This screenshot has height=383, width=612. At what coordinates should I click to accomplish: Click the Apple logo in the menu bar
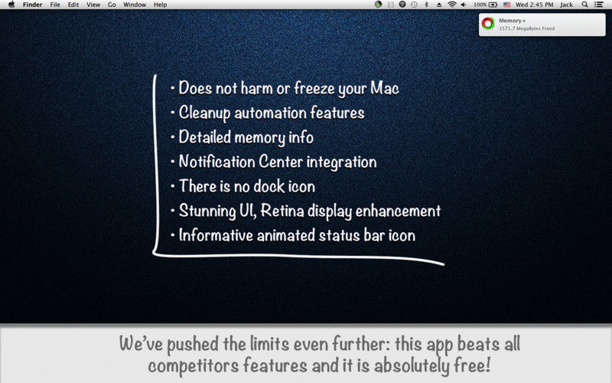click(11, 5)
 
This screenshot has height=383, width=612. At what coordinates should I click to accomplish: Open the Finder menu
click(32, 5)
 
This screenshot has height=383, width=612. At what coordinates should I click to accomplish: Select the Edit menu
click(73, 5)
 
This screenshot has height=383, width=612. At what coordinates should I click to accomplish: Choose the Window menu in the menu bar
click(135, 5)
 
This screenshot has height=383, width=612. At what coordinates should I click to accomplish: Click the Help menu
click(160, 5)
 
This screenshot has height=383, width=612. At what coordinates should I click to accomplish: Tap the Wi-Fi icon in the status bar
click(451, 5)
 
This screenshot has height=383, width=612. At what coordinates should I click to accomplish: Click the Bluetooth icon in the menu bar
click(426, 5)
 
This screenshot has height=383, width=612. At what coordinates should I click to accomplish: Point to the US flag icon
click(506, 5)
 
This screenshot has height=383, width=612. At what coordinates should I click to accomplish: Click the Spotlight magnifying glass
click(584, 5)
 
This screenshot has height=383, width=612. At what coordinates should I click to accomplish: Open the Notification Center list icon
click(599, 5)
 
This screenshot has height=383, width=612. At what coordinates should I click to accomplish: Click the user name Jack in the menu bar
click(566, 5)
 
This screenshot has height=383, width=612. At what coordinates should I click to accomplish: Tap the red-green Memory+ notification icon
click(488, 24)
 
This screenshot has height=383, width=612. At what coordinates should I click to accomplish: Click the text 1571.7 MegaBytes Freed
click(526, 28)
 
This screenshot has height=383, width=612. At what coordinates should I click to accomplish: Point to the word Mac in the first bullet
click(385, 88)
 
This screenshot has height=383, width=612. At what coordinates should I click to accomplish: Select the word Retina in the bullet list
click(282, 211)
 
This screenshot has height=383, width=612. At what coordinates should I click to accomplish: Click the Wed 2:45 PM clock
click(534, 5)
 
